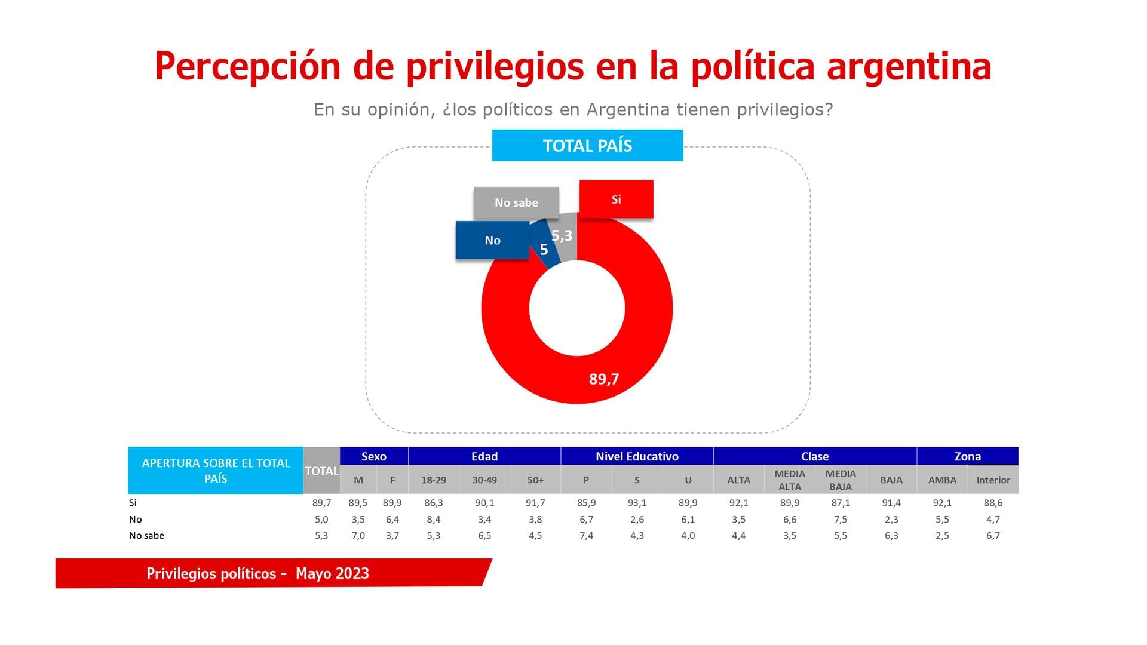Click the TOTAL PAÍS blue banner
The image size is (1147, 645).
click(587, 146)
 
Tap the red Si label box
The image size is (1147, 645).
click(616, 199)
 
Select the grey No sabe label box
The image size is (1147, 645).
click(516, 203)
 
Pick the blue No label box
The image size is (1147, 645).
click(492, 241)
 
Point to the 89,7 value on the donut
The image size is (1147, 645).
click(604, 379)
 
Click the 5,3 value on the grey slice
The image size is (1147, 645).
click(562, 236)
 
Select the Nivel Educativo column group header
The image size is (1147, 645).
click(637, 456)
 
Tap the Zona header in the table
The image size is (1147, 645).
click(967, 456)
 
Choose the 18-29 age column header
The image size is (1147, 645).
click(433, 480)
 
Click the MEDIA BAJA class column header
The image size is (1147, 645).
click(841, 480)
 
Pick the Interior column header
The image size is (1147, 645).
click(993, 480)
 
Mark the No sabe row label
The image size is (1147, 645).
click(146, 536)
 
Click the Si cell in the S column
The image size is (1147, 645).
click(637, 503)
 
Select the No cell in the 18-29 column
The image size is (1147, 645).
click(433, 520)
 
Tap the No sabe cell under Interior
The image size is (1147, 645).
click(993, 536)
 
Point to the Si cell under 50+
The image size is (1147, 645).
click(535, 503)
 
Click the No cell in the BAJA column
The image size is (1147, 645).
click(891, 520)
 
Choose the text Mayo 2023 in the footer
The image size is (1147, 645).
click(332, 573)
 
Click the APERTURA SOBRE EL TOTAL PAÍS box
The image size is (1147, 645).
click(216, 471)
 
